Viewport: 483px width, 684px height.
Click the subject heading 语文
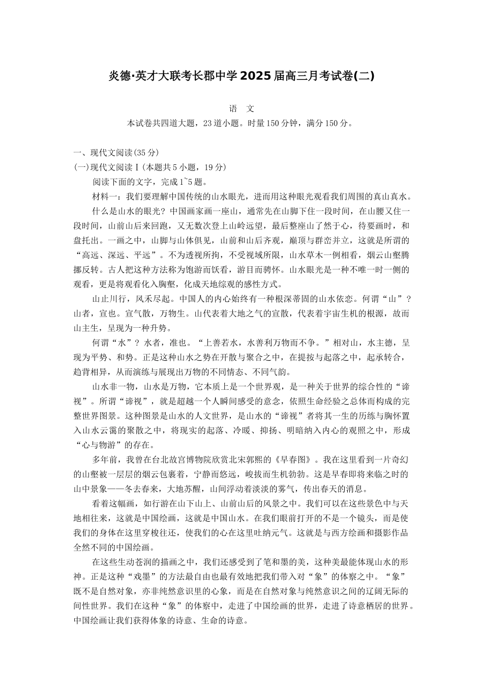pos(242,109)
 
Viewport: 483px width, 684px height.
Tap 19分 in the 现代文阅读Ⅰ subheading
pos(214,167)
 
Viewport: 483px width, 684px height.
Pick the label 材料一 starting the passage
pos(105,196)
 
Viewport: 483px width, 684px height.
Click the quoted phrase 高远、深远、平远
pos(114,255)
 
